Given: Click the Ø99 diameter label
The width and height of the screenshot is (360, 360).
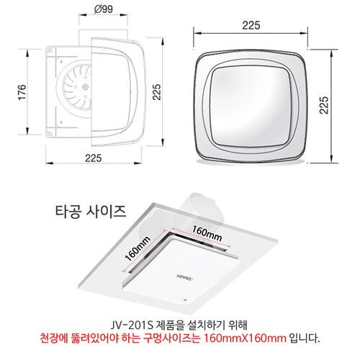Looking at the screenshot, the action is click(104, 9).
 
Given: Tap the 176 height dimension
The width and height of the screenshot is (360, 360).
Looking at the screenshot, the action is click(22, 92).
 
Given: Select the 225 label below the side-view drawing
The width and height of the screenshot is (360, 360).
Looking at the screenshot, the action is click(94, 158).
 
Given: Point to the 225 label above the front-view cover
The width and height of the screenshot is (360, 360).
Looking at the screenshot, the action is click(251, 25).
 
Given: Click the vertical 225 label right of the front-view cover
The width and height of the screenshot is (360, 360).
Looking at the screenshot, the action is click(324, 105).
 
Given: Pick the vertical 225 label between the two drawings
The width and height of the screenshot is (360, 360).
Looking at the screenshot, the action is click(157, 92).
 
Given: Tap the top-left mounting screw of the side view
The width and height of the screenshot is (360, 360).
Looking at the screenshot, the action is click(50, 50).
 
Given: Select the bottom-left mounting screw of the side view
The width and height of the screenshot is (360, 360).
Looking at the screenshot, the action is click(50, 134).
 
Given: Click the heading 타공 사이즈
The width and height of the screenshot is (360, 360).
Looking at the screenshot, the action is click(91, 212).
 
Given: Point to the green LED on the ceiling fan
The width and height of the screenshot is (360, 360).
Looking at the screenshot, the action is click(185, 300).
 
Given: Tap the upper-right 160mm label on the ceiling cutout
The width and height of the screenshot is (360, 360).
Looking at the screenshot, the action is click(207, 233).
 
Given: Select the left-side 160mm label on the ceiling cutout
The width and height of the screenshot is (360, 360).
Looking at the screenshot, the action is click(138, 248).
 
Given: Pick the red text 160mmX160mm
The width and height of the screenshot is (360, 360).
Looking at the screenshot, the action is click(245, 338).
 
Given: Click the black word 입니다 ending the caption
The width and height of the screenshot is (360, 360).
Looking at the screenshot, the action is click(305, 338).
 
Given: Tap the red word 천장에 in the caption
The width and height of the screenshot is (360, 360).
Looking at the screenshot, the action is click(53, 338).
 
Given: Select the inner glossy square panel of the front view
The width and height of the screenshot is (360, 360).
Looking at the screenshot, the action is click(250, 107).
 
